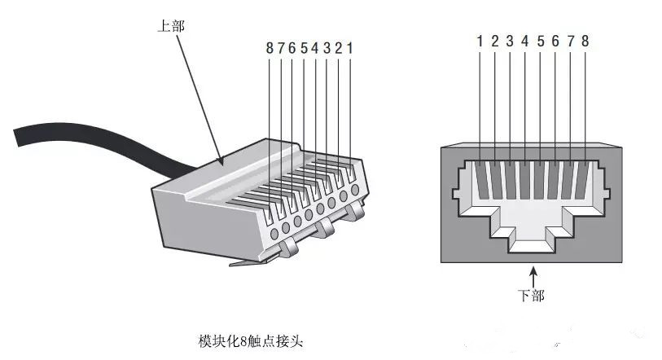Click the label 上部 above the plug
(x=171, y=26)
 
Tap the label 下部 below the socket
(x=531, y=295)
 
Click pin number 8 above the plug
(x=270, y=48)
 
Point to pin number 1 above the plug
(x=349, y=48)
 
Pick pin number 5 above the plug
(x=304, y=48)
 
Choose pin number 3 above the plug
(x=327, y=48)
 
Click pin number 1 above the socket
(x=480, y=41)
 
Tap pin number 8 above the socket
(x=585, y=41)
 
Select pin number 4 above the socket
(x=524, y=41)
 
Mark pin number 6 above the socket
(x=555, y=41)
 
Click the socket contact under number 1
(x=481, y=179)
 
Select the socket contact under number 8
(x=584, y=179)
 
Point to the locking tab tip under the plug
(x=236, y=263)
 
